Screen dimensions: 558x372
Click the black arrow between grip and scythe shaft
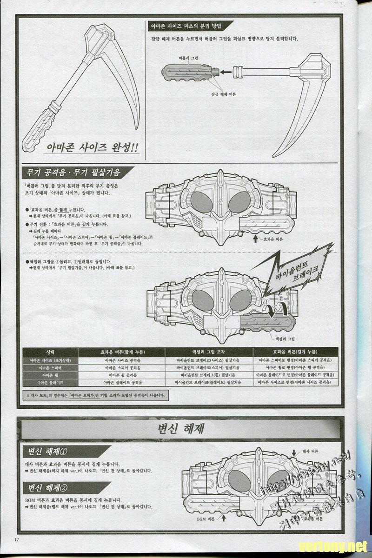(226, 72)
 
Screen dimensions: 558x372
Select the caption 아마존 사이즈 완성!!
(92, 148)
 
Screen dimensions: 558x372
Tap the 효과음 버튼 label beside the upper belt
(273, 239)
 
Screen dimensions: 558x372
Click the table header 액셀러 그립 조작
(209, 352)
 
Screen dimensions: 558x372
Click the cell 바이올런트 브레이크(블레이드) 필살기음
(209, 382)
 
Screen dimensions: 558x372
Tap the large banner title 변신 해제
(181, 427)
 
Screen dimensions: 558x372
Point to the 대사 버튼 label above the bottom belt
(310, 451)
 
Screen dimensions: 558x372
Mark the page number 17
(16, 539)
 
